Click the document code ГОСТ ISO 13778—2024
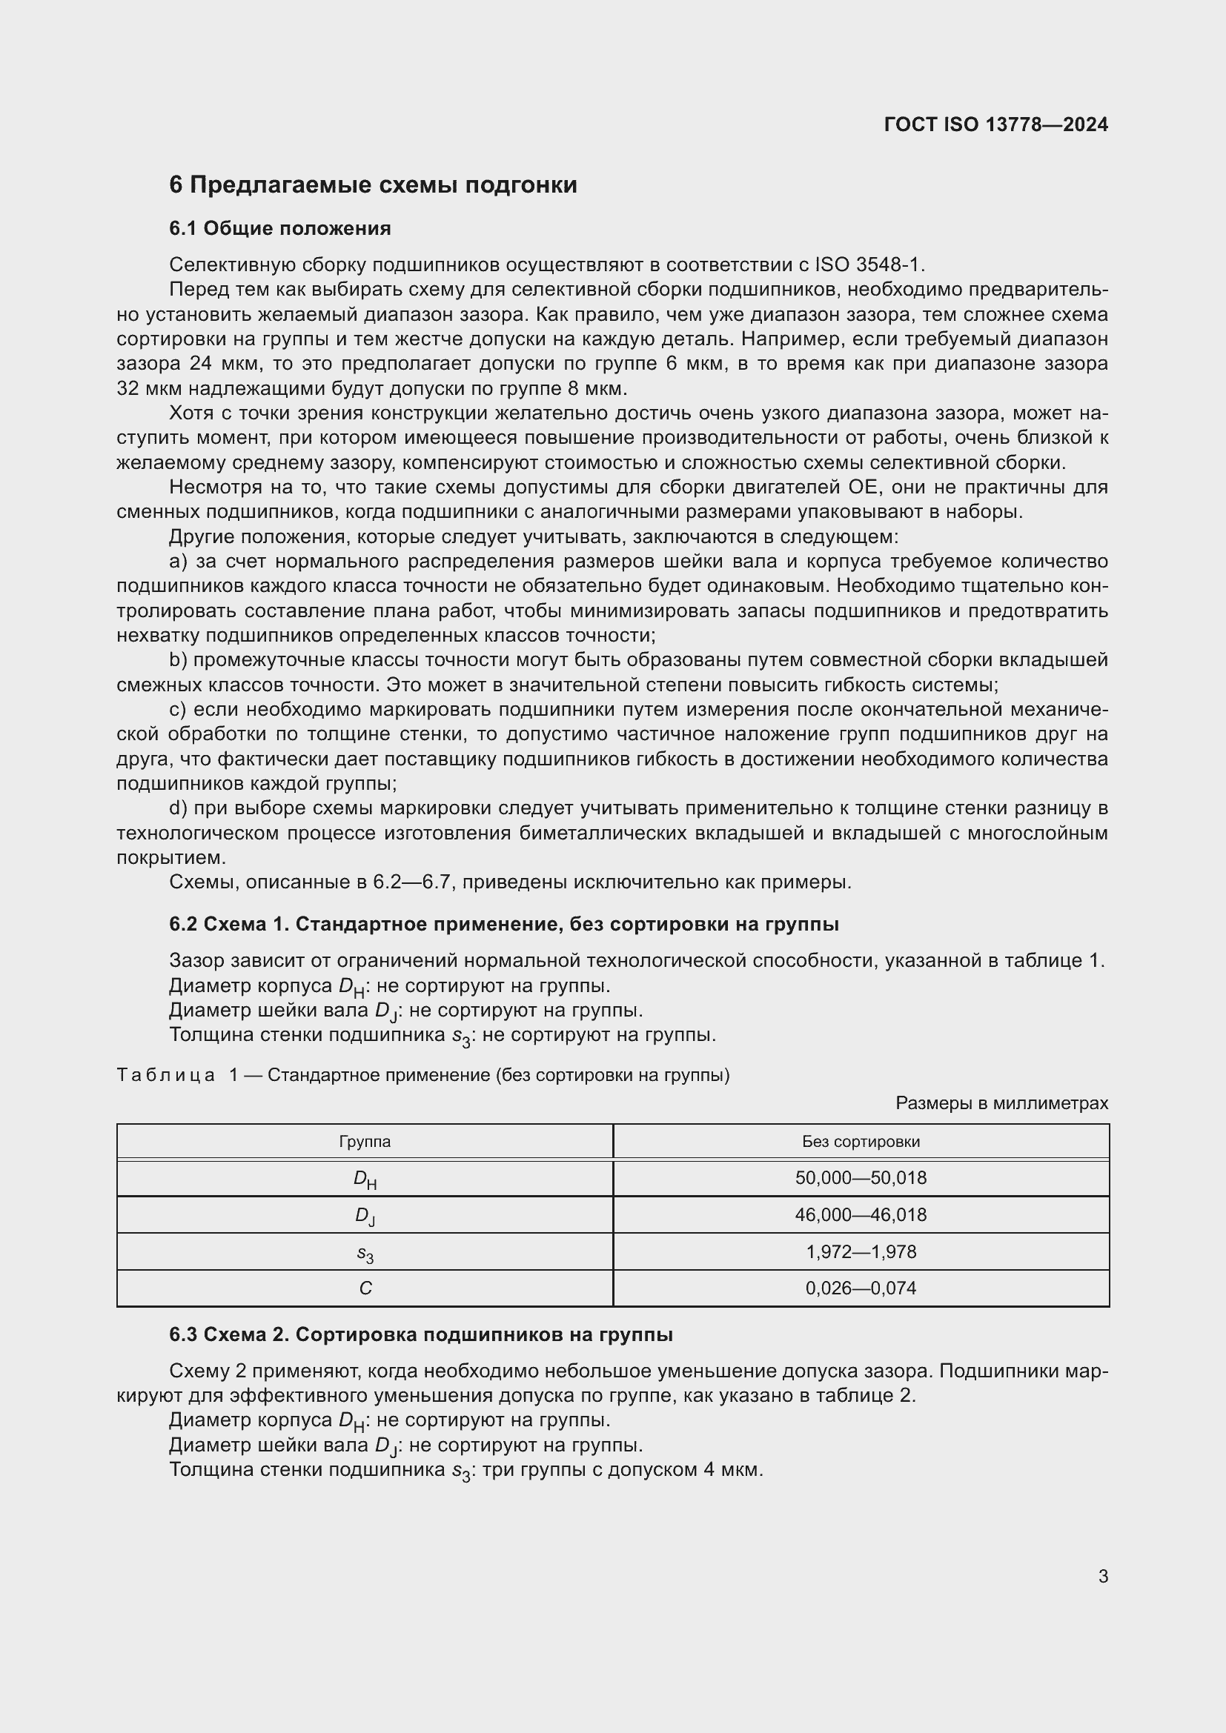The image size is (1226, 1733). pos(995,124)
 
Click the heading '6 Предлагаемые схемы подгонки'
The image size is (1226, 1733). pos(373,185)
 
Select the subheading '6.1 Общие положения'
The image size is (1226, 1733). pos(279,228)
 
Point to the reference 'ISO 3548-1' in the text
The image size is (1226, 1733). pos(869,265)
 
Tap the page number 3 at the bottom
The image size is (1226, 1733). pos(1103,1576)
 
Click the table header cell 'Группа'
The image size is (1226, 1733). pos(365,1141)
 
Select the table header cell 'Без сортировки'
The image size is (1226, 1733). pos(861,1141)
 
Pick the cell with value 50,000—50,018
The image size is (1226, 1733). pos(861,1177)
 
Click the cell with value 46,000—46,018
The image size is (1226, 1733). pos(861,1214)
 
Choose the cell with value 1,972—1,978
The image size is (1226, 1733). pos(861,1251)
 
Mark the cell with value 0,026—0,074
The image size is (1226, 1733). pos(861,1288)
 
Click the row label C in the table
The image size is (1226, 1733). pos(365,1288)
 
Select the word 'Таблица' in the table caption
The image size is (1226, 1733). pos(166,1075)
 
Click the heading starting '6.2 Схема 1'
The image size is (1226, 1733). pos(503,924)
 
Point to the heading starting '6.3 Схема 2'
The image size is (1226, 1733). pos(420,1334)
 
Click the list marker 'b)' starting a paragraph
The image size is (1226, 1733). pos(178,660)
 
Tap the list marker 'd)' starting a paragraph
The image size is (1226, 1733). pos(178,808)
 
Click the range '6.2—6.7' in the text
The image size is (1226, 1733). pos(413,882)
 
